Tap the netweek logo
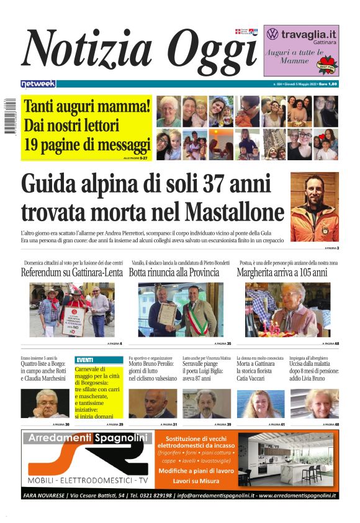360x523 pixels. pyautogui.click(x=38, y=83)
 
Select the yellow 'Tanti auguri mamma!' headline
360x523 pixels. pyautogui.click(x=87, y=106)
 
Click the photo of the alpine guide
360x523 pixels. pyautogui.click(x=315, y=206)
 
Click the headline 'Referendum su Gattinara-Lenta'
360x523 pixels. pyautogui.click(x=71, y=272)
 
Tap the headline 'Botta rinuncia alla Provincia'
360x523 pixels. pyautogui.click(x=174, y=272)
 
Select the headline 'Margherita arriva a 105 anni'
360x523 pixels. pyautogui.click(x=282, y=272)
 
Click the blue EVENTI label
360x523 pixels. pyautogui.click(x=84, y=360)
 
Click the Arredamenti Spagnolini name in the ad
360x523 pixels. pyautogui.click(x=88, y=439)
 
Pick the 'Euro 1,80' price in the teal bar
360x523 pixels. pyautogui.click(x=328, y=83)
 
